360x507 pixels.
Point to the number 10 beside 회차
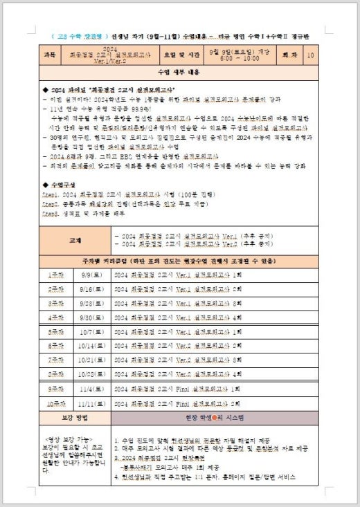click(309, 53)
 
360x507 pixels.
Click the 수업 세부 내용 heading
click(179, 72)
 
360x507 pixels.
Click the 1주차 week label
click(55, 274)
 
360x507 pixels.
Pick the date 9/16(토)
click(89, 289)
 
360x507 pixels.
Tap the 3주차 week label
click(55, 303)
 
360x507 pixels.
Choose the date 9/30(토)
click(89, 317)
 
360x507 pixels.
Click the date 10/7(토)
click(89, 332)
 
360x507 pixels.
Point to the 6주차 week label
click(55, 346)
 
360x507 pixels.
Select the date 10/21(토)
click(89, 360)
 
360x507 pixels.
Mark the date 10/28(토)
click(89, 374)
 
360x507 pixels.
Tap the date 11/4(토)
click(89, 389)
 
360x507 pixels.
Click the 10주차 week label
click(55, 403)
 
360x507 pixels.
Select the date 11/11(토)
click(89, 403)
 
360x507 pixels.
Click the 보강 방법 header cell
click(75, 418)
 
